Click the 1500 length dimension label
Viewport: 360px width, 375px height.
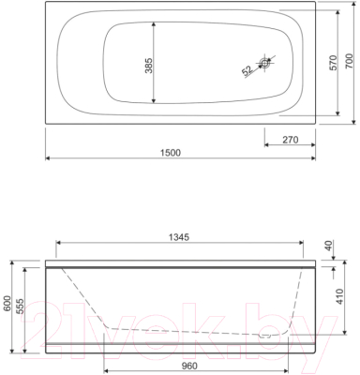coord(171,153)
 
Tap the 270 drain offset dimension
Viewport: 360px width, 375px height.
coord(291,140)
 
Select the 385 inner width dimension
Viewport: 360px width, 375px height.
coord(149,66)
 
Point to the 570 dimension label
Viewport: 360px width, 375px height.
coord(334,63)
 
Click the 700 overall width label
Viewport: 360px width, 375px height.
coord(350,61)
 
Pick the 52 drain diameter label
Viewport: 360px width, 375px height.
coord(247,70)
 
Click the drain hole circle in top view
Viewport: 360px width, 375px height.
coord(265,63)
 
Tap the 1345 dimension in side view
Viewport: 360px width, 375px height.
coord(179,237)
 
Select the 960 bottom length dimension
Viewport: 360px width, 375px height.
coord(189,366)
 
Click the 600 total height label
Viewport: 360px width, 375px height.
coord(7,303)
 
